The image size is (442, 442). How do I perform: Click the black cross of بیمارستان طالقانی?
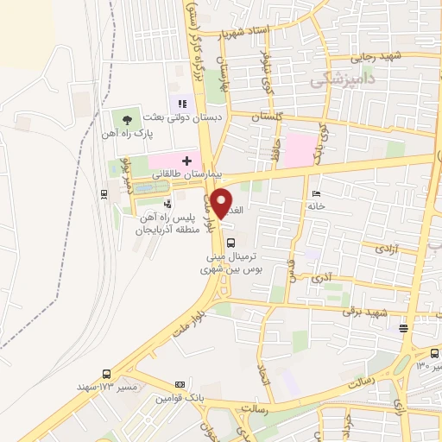(186, 161)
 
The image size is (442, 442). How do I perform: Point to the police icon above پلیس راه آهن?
(167, 205)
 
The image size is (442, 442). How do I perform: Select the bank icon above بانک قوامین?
(180, 384)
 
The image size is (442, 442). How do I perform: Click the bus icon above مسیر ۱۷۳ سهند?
(106, 374)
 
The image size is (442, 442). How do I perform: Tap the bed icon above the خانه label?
(315, 193)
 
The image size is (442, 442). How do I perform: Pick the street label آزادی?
(385, 248)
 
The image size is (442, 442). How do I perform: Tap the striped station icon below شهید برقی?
(403, 327)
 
